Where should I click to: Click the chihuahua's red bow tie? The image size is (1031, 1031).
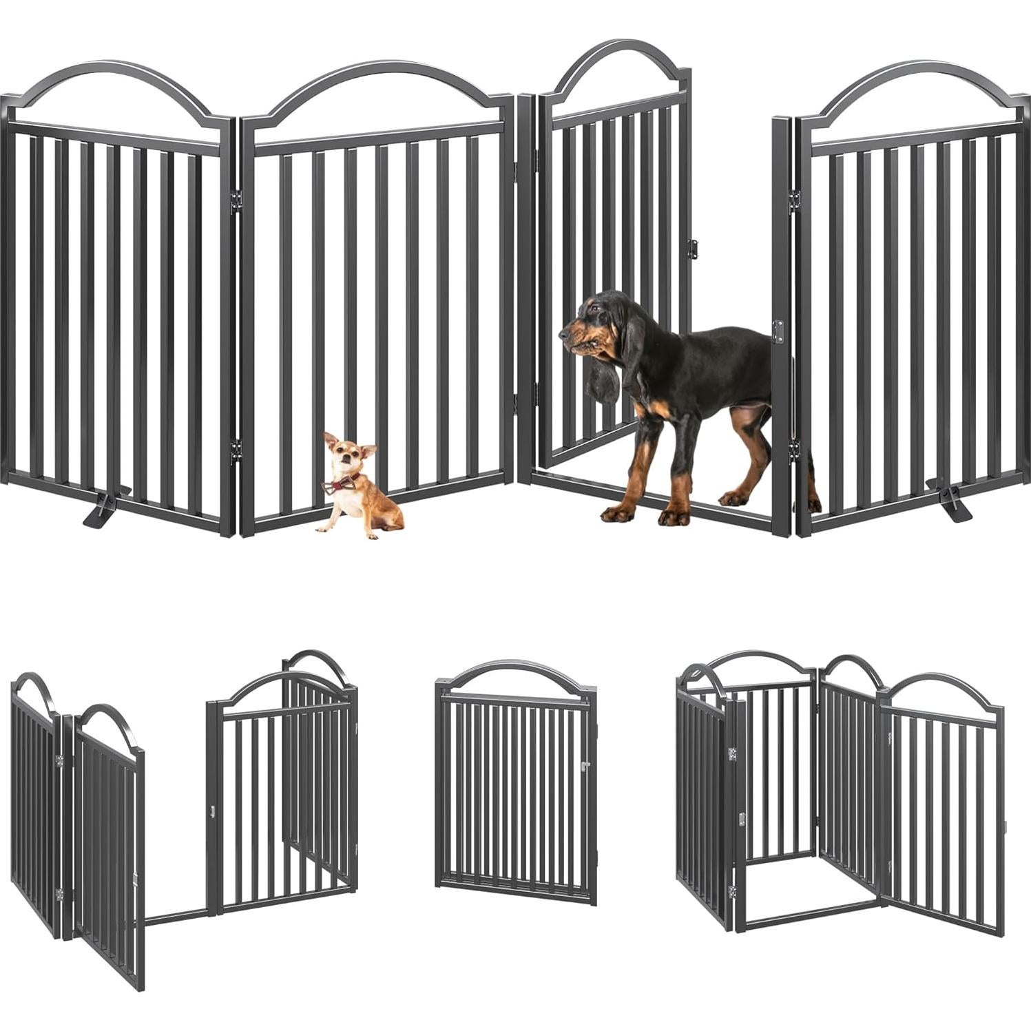point(337,486)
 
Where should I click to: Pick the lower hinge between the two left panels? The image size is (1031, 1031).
point(236,449)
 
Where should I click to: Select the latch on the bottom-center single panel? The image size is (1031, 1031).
point(586,766)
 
